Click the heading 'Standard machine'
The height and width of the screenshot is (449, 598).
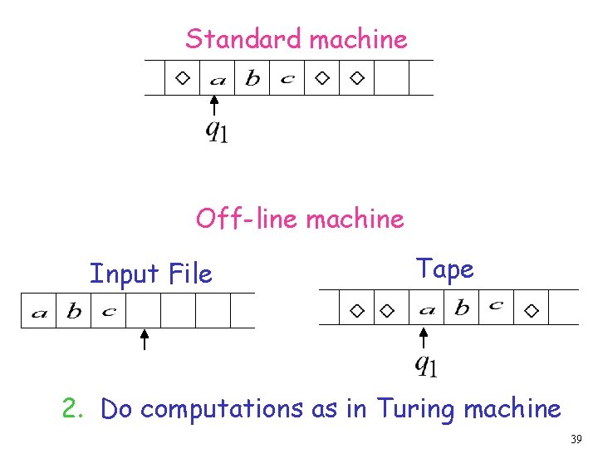(297, 39)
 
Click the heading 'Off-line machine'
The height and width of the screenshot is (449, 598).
(300, 220)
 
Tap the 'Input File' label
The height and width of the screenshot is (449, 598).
(150, 274)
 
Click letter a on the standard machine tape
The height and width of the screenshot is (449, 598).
(218, 80)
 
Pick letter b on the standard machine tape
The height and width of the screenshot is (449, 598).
(252, 79)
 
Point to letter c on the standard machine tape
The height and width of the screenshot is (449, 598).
(287, 79)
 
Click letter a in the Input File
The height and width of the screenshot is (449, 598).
(38, 313)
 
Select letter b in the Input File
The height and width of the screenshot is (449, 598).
(74, 312)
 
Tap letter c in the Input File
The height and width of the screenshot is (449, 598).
(109, 312)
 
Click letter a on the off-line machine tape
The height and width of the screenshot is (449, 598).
(428, 310)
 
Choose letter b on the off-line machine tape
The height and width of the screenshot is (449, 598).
(462, 308)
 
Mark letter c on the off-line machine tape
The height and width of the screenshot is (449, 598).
(496, 306)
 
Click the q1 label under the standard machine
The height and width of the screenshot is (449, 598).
(217, 131)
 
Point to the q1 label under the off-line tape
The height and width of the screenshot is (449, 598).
(426, 363)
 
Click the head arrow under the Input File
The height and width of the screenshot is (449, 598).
(144, 339)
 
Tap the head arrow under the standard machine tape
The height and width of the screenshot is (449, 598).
(214, 106)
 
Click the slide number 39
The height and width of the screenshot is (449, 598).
(576, 438)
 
